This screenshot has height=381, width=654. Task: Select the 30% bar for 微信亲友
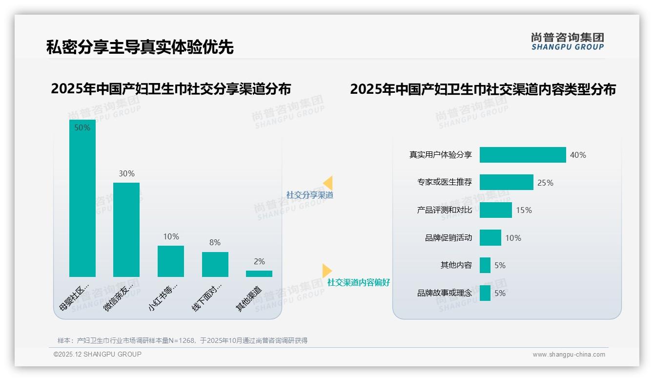tap(126, 230)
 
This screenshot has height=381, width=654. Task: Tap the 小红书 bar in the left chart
tap(171, 261)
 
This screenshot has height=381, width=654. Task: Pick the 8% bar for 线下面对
tap(215, 264)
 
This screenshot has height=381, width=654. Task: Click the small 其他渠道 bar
tap(259, 274)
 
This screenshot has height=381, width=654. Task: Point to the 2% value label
tap(259, 262)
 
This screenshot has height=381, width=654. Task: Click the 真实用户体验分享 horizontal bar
tap(522, 155)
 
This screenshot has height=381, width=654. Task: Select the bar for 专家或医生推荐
tap(506, 182)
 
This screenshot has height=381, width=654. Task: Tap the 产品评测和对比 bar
tap(495, 210)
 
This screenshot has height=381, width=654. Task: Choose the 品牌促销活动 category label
tap(449, 238)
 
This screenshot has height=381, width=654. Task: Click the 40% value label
tap(578, 155)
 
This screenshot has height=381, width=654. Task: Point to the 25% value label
tap(545, 183)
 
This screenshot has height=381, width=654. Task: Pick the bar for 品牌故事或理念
tap(485, 293)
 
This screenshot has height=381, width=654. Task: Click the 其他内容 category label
tap(456, 265)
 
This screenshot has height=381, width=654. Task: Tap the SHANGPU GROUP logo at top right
tap(567, 41)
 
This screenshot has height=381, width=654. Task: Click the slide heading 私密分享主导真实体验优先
tap(140, 47)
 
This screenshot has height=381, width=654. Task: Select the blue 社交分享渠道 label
tap(309, 195)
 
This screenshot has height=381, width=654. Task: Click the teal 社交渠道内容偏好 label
tap(358, 282)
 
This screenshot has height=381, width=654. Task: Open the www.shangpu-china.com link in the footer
tap(569, 355)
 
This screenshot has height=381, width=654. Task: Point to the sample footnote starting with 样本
tap(183, 340)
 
